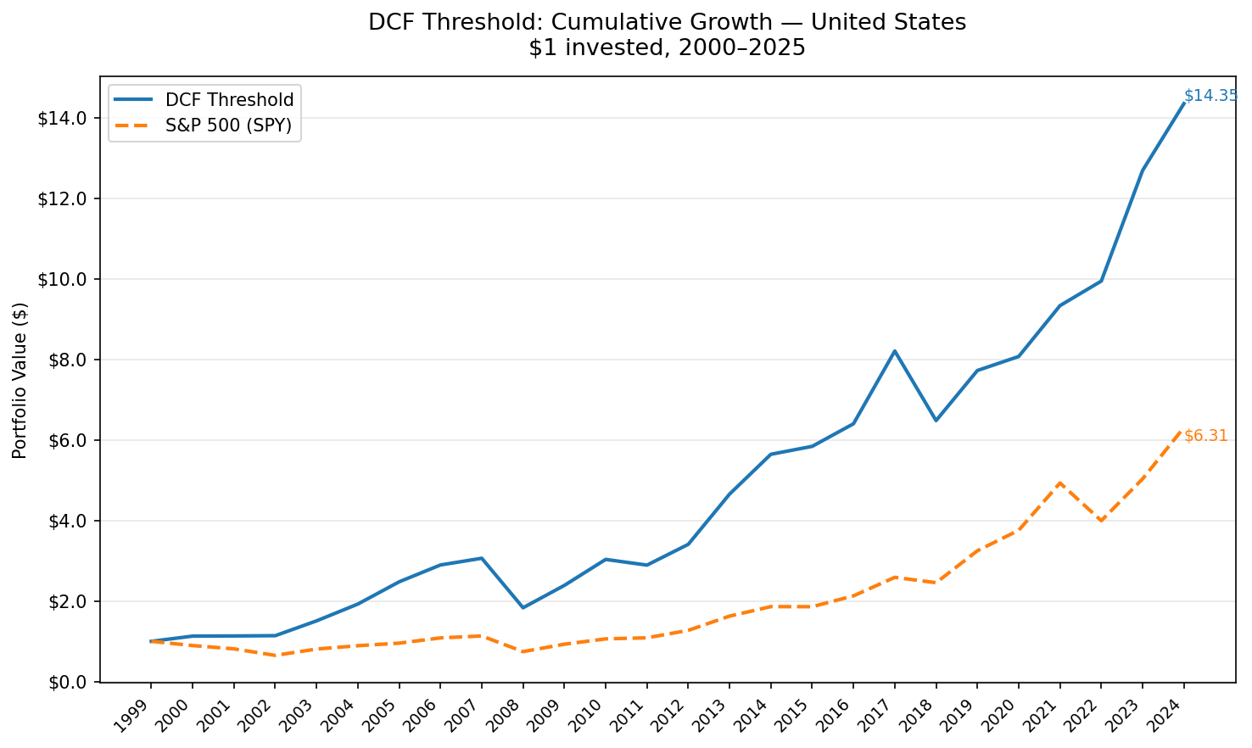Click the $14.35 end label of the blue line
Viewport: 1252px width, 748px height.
1210,96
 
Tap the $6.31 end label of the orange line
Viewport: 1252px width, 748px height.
1205,436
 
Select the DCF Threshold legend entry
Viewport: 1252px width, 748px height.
229,100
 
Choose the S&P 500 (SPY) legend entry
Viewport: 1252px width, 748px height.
228,126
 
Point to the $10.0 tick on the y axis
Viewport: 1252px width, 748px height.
64,279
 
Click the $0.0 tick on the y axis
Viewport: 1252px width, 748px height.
68,682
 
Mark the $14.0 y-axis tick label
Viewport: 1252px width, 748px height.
64,118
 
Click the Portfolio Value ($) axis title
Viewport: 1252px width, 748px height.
20,380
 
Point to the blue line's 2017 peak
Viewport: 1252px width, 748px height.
894,351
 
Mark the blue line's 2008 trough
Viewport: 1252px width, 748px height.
523,607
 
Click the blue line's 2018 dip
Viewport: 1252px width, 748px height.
936,420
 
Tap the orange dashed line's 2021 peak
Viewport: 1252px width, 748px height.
1059,483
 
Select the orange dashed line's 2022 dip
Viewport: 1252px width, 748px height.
1101,520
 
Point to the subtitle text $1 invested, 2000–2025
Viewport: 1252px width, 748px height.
667,47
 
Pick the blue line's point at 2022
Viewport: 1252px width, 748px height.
1101,281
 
